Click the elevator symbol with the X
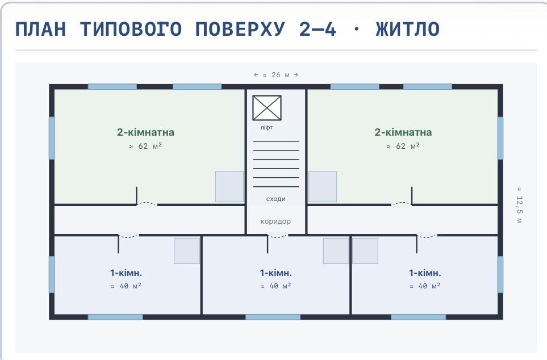tap(267, 108)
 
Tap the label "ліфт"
tap(266, 128)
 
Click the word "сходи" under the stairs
tap(276, 199)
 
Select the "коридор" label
tap(275, 221)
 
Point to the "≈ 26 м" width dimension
tap(276, 74)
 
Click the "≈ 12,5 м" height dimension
tap(519, 205)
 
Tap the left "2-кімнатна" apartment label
tap(145, 132)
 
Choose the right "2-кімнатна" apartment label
tap(403, 132)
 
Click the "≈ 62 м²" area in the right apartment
tap(403, 146)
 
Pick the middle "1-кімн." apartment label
tap(275, 273)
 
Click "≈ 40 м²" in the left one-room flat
tap(126, 286)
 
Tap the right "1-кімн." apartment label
tap(425, 273)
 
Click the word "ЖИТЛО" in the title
tap(407, 29)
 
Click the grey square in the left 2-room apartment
tap(229, 187)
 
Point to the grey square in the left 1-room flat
tap(187, 251)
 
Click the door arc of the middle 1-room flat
tap(277, 237)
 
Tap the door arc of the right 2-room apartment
tap(401, 203)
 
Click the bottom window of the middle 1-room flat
tap(273, 317)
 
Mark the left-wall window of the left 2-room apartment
tap(52, 138)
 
